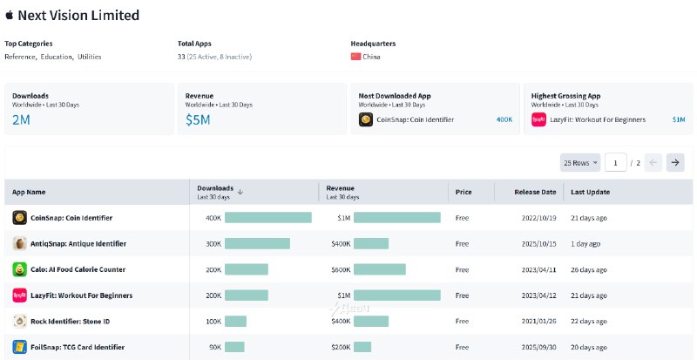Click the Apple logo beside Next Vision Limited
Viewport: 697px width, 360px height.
(10, 16)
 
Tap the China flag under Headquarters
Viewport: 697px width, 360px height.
(355, 57)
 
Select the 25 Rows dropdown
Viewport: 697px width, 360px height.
(581, 162)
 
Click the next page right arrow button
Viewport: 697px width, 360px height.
(674, 162)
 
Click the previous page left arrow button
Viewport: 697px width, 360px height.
(653, 162)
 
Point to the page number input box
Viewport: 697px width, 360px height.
(616, 162)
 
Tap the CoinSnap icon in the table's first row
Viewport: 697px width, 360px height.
(19, 218)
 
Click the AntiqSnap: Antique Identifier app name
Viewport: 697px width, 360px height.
(78, 244)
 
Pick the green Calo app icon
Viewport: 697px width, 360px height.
(19, 270)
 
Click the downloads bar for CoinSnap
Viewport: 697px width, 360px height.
(267, 218)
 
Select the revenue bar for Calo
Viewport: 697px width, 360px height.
(379, 270)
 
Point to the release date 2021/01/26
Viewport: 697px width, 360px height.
(538, 322)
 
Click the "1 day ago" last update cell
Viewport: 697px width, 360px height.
(589, 244)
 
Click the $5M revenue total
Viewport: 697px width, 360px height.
(198, 120)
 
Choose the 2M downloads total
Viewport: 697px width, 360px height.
(21, 120)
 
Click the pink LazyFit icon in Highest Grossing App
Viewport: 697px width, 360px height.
(538, 120)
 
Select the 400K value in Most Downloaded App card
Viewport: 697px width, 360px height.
(504, 120)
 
